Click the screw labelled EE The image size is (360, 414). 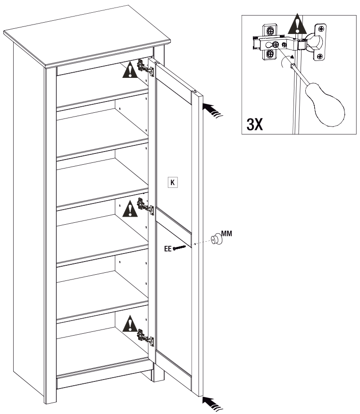[x=180, y=247]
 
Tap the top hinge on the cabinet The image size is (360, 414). [x=144, y=68]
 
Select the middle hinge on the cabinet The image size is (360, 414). [x=144, y=206]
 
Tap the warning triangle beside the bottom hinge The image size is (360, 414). [x=129, y=325]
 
